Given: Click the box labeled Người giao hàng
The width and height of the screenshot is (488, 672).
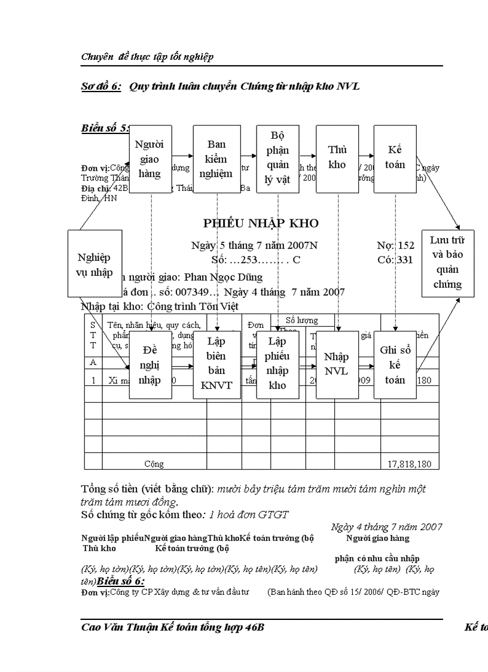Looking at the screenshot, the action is point(150,159).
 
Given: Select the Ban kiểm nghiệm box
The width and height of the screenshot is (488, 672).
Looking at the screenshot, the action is point(216,159).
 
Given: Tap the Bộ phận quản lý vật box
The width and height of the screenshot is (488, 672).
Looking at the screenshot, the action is point(277,159).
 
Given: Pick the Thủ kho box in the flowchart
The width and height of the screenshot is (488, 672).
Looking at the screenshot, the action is point(337,159).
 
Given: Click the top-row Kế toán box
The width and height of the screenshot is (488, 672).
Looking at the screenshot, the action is point(395,159).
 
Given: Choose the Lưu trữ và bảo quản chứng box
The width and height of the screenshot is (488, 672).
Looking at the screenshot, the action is point(448,263).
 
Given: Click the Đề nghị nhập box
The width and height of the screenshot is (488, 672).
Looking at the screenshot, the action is point(150,364).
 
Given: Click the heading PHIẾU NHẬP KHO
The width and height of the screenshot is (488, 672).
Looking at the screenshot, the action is point(261,224).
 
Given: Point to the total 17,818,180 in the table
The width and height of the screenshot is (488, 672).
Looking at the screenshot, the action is point(409,464).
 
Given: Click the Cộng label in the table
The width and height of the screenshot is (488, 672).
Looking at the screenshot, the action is point(154,464).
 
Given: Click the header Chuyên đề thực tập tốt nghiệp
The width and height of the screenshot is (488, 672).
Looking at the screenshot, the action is point(147,57).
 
